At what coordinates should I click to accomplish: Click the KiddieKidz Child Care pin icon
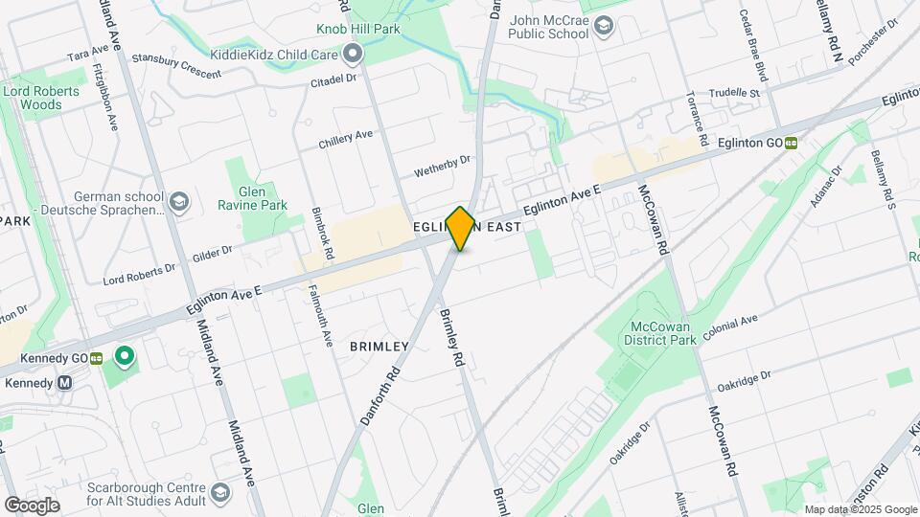(x=354, y=54)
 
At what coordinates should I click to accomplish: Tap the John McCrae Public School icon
(x=604, y=26)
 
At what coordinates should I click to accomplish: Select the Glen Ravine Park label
(x=261, y=191)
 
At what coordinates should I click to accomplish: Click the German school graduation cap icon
(x=179, y=202)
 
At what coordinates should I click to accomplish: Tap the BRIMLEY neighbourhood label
(x=379, y=346)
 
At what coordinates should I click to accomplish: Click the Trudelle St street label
(x=734, y=94)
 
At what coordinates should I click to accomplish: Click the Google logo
(x=32, y=505)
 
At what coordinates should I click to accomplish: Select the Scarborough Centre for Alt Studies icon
(x=219, y=493)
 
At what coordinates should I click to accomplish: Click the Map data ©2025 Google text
(x=860, y=509)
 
